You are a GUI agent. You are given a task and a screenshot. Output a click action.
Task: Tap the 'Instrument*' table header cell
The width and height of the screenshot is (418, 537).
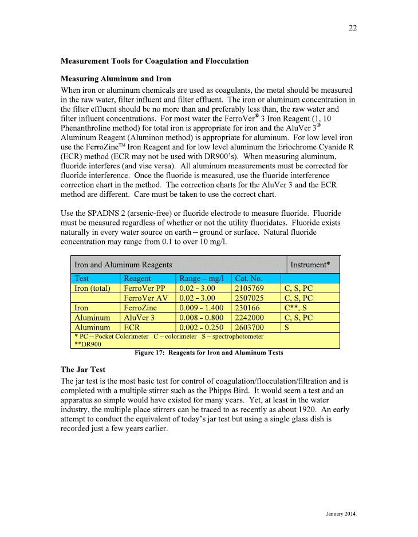click(310, 264)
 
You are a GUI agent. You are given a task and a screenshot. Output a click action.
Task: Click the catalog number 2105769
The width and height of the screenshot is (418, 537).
click(250, 288)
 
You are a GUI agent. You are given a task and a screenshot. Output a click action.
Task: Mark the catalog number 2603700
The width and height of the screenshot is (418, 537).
click(250, 327)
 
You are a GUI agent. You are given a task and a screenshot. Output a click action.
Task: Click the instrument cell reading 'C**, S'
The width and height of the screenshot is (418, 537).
click(297, 307)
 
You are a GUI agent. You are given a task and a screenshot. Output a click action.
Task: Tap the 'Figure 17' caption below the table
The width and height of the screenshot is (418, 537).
click(208, 353)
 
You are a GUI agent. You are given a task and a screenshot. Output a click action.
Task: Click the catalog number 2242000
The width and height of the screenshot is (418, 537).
click(250, 317)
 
